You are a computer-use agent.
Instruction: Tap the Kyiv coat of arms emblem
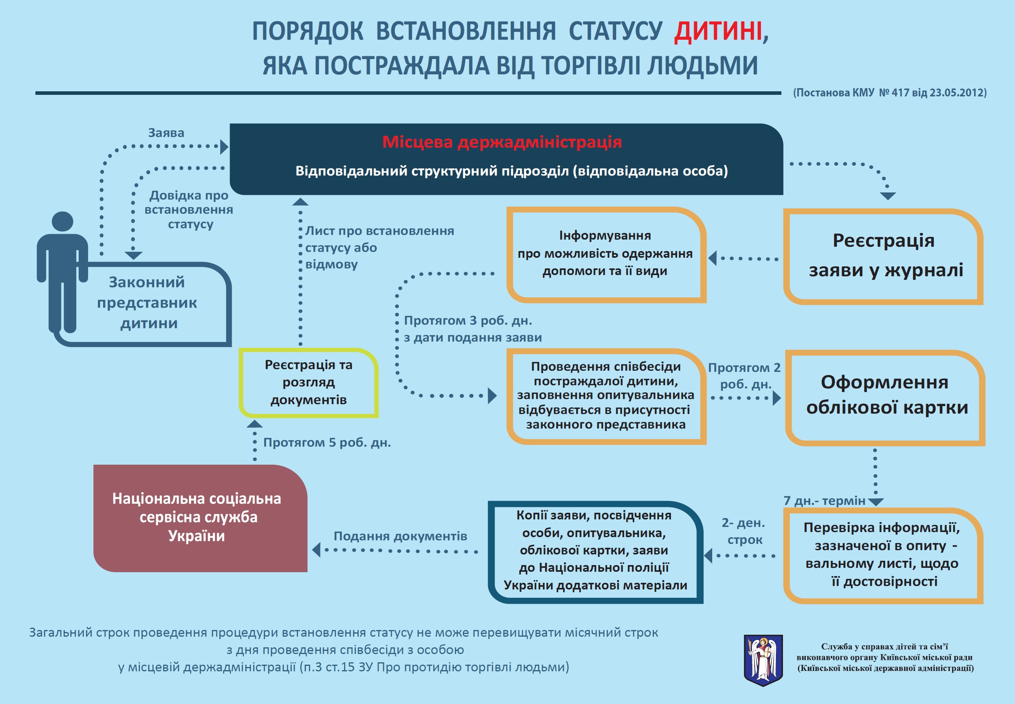pos(763,660)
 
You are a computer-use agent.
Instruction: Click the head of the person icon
pos(62,221)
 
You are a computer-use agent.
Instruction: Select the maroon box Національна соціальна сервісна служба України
pos(200,518)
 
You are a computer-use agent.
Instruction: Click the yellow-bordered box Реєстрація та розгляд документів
pos(308,382)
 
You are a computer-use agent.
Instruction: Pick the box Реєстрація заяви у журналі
pos(883,256)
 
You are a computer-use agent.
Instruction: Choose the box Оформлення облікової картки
pos(885,398)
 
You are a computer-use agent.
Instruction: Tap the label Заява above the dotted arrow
pos(166,133)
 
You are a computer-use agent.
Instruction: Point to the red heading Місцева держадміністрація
pos(502,142)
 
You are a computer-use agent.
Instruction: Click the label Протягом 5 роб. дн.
pos(327,442)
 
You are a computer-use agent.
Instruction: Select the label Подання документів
pos(400,536)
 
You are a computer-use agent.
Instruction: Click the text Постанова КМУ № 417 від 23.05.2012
pos(890,92)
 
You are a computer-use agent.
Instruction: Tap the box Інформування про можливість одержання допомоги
pos(606,255)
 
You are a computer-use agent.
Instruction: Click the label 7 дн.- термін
pos(825,501)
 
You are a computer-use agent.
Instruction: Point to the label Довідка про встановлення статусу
pos(189,209)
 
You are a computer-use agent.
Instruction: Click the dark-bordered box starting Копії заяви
pos(595,552)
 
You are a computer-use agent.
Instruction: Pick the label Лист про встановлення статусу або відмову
pos(379,248)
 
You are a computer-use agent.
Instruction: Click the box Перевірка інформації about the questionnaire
pos(883,556)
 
